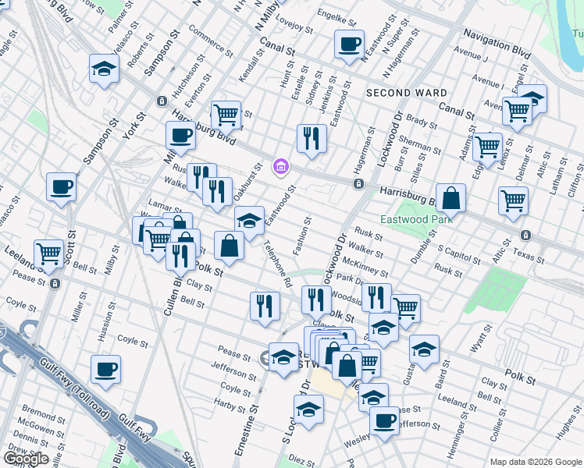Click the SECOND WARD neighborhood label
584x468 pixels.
point(406,93)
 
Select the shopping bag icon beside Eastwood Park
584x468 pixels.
point(451,198)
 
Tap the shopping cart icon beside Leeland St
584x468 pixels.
point(48,253)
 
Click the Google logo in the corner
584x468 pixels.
point(25,459)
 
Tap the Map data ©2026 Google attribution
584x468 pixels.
point(535,462)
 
